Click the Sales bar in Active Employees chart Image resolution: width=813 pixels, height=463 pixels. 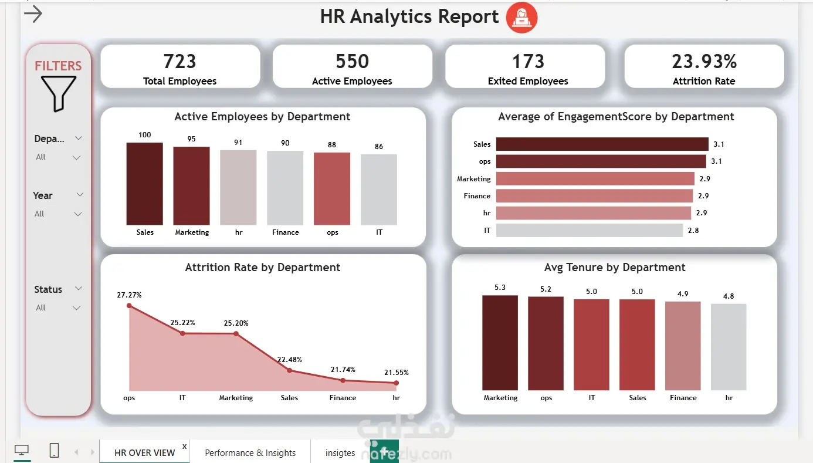point(144,184)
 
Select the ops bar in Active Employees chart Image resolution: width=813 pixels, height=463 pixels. point(332,189)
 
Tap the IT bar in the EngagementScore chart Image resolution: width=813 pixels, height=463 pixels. point(589,230)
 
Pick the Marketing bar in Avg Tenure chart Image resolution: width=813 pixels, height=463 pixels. point(500,343)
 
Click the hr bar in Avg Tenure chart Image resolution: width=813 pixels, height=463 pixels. point(729,347)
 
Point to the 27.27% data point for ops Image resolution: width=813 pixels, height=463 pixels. point(129,306)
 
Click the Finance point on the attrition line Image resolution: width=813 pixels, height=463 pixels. point(343,381)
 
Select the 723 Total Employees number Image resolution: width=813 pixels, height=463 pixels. point(179,61)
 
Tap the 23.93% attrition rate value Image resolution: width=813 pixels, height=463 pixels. point(704,61)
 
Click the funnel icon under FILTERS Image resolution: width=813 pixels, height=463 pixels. point(59,93)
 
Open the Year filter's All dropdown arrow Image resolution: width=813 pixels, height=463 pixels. point(77,214)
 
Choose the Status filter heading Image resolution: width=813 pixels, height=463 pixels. point(48,289)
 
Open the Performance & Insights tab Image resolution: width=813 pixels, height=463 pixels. point(250,453)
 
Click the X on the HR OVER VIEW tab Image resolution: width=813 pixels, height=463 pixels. point(184,447)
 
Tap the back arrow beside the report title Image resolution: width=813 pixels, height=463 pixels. point(33,14)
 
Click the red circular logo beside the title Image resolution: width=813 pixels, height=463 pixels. point(521,18)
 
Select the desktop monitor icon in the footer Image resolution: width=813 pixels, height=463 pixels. point(22,450)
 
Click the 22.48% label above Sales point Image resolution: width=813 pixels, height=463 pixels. point(289,360)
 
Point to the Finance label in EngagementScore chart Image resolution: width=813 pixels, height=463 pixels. point(477,196)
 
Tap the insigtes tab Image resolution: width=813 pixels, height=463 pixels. point(340,453)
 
